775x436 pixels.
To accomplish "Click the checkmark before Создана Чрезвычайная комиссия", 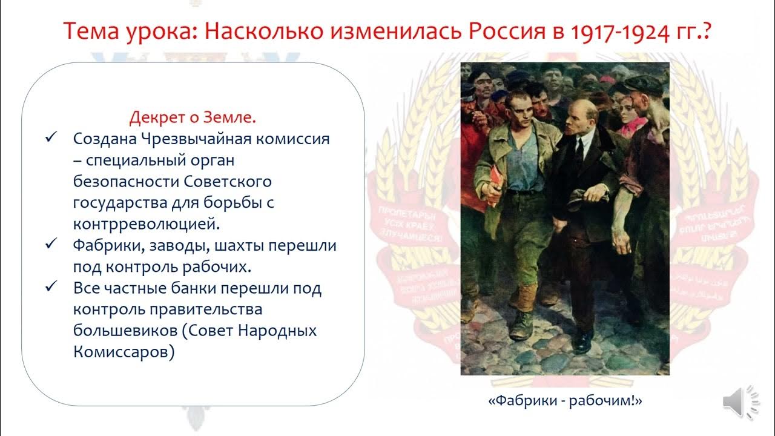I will click(51, 138).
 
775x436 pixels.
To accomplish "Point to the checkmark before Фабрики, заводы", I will click(51, 245).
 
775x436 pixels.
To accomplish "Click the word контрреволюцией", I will click(145, 223).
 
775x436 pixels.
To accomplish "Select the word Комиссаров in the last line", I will click(124, 352).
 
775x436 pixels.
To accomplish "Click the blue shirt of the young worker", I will click(525, 163).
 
